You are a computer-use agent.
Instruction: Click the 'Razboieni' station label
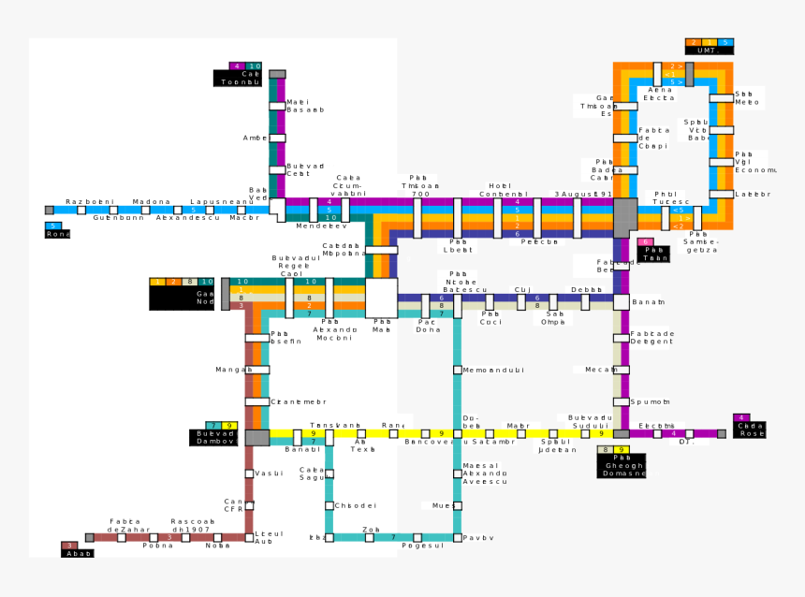tap(90, 202)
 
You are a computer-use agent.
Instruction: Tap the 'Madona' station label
tap(152, 202)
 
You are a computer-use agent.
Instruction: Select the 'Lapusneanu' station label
tap(222, 202)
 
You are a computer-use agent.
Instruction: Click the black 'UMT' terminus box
tap(709, 51)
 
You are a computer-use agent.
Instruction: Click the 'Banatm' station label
tap(648, 302)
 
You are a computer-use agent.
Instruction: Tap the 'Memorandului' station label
tap(493, 371)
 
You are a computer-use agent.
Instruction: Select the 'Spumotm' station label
tap(651, 402)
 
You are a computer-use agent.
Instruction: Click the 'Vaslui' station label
tap(269, 474)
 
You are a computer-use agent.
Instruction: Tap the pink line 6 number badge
tap(645, 242)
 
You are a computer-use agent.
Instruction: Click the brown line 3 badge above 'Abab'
tap(69, 546)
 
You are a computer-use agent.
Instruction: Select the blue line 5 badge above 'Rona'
tap(53, 226)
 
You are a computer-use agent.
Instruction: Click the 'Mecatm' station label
tap(601, 371)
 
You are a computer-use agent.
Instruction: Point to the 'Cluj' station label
tap(522, 291)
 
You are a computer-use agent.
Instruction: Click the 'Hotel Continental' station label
tap(495, 190)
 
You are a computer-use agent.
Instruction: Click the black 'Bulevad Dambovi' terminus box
tap(217, 437)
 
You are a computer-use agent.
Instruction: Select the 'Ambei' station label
tap(256, 138)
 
